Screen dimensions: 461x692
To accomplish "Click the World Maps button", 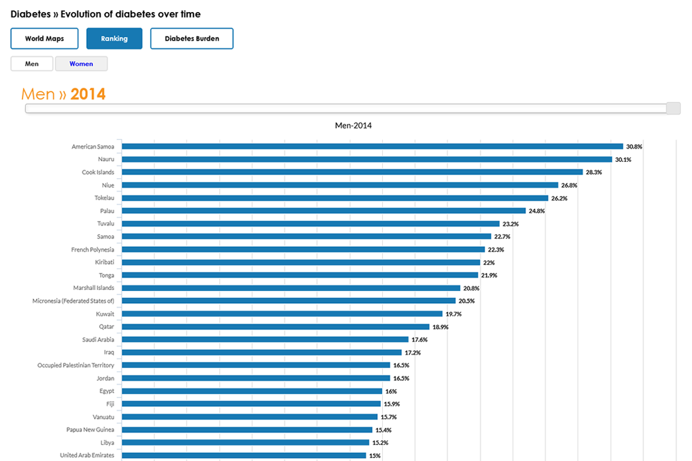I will coord(44,39).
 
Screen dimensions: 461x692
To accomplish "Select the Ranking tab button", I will coord(114,39).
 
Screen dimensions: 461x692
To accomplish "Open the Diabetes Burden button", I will coord(191,39).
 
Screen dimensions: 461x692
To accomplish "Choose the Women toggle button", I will coord(81,64).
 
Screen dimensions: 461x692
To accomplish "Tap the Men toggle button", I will coord(32,64).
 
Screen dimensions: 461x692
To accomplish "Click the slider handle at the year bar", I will coord(673,108).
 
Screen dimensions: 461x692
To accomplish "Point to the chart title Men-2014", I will coord(353,126).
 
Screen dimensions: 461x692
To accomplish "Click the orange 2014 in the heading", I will coord(88,94).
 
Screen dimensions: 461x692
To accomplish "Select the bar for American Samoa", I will coord(372,146).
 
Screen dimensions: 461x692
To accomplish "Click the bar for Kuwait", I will coord(282,314).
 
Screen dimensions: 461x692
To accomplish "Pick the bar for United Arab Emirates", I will coord(243,455).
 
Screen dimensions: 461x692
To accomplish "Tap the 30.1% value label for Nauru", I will coord(623,160).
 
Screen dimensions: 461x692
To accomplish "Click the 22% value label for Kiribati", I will coord(489,263).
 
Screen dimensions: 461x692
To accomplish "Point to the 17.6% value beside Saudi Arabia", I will coord(419,340).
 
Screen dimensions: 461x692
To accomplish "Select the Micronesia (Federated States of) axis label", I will coord(73,301).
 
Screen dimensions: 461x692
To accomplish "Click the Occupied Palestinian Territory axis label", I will coord(76,365).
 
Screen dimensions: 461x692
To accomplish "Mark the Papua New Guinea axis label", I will coord(90,430).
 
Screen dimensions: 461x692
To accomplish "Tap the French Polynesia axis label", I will coord(92,250).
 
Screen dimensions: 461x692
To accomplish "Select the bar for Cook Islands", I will coord(352,172).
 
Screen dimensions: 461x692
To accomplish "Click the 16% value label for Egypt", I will coord(391,391).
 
